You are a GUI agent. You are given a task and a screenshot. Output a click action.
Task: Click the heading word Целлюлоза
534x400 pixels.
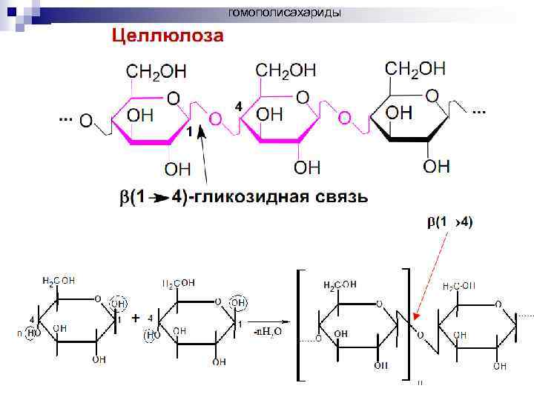click(x=167, y=35)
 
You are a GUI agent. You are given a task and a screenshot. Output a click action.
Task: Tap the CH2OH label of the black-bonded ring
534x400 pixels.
click(x=415, y=69)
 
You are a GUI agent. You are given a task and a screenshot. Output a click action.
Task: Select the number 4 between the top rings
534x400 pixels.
click(x=238, y=107)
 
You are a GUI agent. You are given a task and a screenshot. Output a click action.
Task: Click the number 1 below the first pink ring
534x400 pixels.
click(x=190, y=132)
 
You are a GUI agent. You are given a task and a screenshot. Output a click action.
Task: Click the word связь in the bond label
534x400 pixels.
click(x=334, y=197)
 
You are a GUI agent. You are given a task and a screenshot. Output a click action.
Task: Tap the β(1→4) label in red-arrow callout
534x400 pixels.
click(x=449, y=221)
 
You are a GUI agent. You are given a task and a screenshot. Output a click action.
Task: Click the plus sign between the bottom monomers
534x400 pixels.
click(x=135, y=318)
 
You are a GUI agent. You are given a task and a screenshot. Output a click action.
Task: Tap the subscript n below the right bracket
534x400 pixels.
click(x=420, y=383)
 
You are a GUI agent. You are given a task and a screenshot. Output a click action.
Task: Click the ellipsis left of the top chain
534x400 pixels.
click(x=65, y=119)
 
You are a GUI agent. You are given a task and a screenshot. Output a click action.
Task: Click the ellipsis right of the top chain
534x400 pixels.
click(x=478, y=112)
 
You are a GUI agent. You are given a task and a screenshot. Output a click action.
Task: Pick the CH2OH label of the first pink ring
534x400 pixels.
click(x=156, y=72)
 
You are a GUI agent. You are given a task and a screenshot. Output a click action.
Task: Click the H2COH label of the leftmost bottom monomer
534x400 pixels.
click(x=59, y=281)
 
